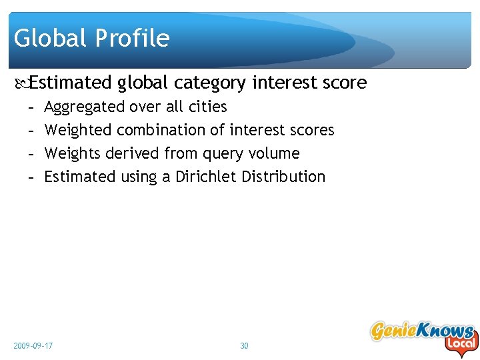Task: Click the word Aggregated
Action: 84,107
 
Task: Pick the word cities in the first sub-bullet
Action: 208,107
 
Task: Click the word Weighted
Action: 77,131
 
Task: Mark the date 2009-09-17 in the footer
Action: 33,346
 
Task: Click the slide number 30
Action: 244,346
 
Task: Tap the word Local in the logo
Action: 461,344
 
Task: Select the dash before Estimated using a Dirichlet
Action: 31,177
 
